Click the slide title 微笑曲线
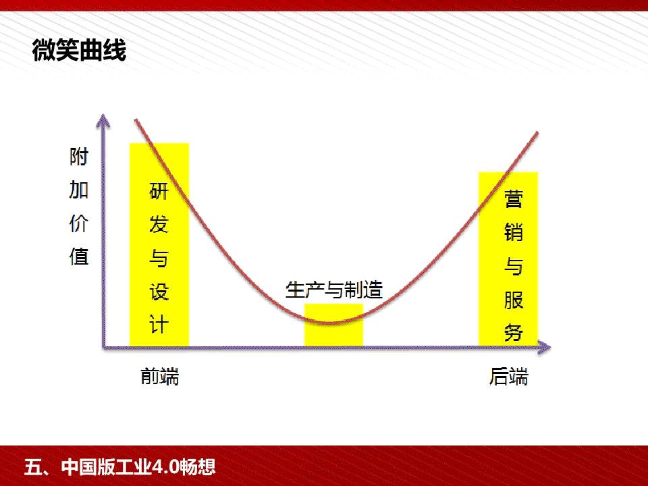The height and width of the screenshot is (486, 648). pyautogui.click(x=79, y=51)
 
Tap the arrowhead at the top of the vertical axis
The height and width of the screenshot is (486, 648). pyautogui.click(x=103, y=120)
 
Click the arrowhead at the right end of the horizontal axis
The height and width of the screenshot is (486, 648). pyautogui.click(x=544, y=348)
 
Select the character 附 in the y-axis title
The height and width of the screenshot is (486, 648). pyautogui.click(x=78, y=157)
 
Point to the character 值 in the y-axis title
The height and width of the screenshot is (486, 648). pyautogui.click(x=78, y=256)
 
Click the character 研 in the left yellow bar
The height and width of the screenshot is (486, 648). pyautogui.click(x=159, y=191)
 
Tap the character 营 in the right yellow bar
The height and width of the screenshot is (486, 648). pyautogui.click(x=513, y=198)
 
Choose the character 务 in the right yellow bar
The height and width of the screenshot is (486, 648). pyautogui.click(x=513, y=332)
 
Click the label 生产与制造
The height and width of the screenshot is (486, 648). pyautogui.click(x=334, y=290)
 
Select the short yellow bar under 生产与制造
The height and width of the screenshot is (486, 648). pyautogui.click(x=334, y=325)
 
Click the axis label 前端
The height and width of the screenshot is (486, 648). pyautogui.click(x=159, y=376)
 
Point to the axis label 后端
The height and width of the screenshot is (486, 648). pyautogui.click(x=509, y=376)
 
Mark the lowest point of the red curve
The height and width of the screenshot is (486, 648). pyautogui.click(x=332, y=323)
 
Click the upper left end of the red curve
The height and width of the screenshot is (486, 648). pyautogui.click(x=136, y=120)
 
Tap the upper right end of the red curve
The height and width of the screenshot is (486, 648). pyautogui.click(x=537, y=132)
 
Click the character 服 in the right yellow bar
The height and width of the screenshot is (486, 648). pyautogui.click(x=513, y=299)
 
